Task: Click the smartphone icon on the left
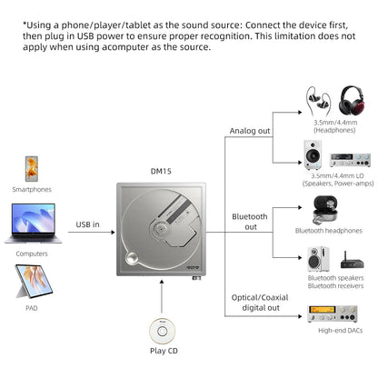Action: [x=31, y=168]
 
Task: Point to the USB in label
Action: [x=88, y=224]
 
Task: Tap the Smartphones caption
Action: [x=31, y=190]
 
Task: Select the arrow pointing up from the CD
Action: [x=160, y=295]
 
